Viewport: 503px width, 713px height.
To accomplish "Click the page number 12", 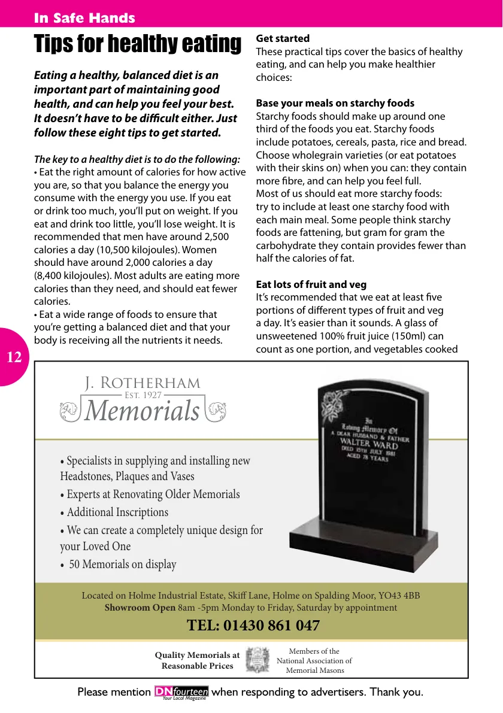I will (x=14, y=358).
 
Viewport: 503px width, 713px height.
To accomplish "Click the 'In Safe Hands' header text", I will (x=84, y=18).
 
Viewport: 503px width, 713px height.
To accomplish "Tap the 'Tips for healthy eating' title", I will (x=137, y=44).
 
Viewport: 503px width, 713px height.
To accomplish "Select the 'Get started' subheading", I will (x=283, y=38).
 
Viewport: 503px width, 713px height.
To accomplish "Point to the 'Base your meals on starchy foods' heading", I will (x=335, y=103).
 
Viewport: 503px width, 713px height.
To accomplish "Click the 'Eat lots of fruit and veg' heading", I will (x=311, y=284).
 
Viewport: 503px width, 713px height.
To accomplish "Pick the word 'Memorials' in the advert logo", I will (x=142, y=411).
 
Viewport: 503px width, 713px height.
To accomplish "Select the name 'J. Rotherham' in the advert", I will (x=143, y=383).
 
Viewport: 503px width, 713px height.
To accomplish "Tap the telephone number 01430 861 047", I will (x=253, y=626).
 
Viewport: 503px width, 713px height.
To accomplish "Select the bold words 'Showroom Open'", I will (x=140, y=608).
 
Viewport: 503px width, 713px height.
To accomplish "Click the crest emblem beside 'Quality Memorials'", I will (x=258, y=660).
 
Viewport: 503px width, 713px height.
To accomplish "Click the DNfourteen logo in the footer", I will (x=181, y=693).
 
